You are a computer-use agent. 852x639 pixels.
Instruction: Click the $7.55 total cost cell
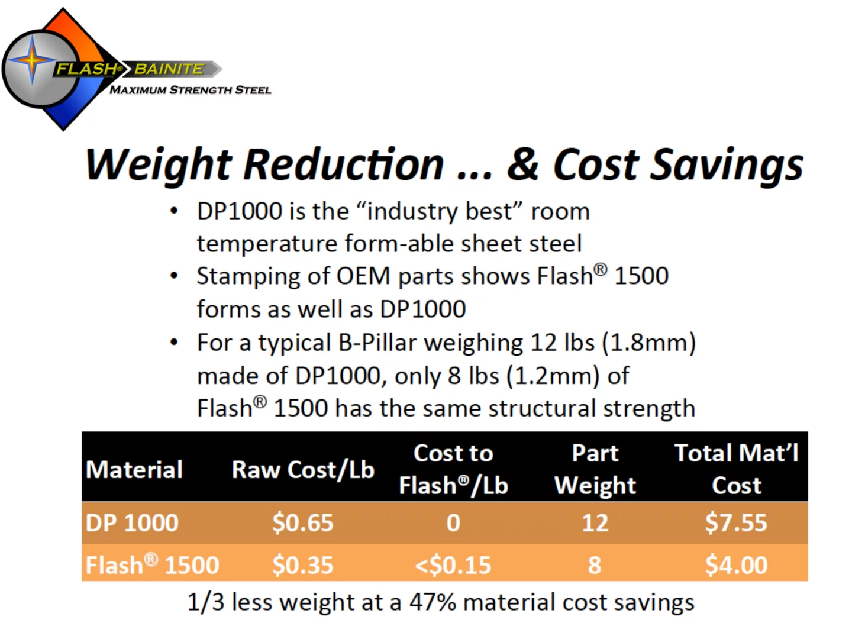pyautogui.click(x=735, y=523)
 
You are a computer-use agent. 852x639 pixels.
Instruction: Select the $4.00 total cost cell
pyautogui.click(x=736, y=565)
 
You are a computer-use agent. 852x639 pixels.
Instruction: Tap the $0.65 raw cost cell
pyautogui.click(x=302, y=523)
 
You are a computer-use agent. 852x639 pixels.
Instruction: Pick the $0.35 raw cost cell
pyautogui.click(x=302, y=565)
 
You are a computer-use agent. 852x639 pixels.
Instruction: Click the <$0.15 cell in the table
pyautogui.click(x=453, y=565)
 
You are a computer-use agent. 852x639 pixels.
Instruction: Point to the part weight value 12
pyautogui.click(x=595, y=523)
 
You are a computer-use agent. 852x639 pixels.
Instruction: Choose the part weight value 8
pyautogui.click(x=595, y=565)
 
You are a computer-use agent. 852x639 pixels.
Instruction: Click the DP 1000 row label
pyautogui.click(x=132, y=523)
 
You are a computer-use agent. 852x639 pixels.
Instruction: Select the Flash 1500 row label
pyautogui.click(x=152, y=565)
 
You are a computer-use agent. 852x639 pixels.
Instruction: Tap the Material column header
pyautogui.click(x=134, y=470)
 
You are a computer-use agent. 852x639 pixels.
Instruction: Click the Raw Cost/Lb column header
pyautogui.click(x=303, y=470)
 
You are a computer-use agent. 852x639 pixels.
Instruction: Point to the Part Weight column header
pyautogui.click(x=595, y=469)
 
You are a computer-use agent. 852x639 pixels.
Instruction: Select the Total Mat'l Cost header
pyautogui.click(x=736, y=469)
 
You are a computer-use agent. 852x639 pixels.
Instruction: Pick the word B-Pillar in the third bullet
pyautogui.click(x=377, y=343)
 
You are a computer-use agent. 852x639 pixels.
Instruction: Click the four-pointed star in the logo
pyautogui.click(x=33, y=61)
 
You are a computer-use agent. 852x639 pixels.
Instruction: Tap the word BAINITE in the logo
pyautogui.click(x=169, y=69)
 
